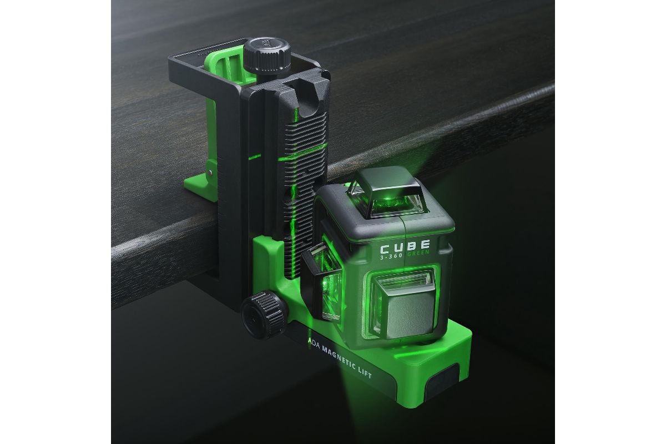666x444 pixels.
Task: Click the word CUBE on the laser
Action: tap(405, 246)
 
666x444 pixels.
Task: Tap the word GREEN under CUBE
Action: tap(418, 253)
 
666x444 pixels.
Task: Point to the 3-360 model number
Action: tap(391, 255)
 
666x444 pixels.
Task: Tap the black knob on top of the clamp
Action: tap(267, 56)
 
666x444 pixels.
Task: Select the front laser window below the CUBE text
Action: tap(403, 303)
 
